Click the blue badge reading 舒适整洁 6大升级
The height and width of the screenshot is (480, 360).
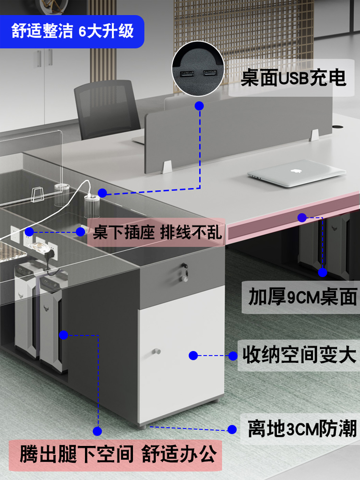[72, 32]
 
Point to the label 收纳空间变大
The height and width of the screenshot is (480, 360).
[299, 356]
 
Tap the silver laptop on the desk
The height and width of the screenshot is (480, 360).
[297, 173]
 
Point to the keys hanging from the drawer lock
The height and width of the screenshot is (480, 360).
[183, 273]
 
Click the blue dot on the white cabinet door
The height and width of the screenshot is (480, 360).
[193, 356]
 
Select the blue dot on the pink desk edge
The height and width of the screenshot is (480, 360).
[302, 217]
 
